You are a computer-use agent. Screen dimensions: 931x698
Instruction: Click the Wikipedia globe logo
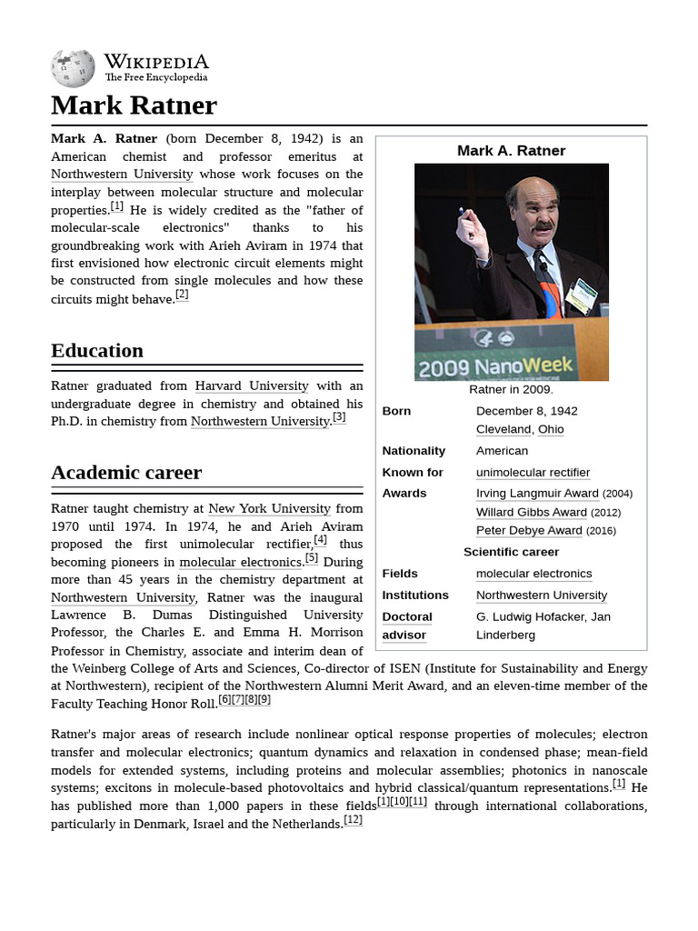pos(73,69)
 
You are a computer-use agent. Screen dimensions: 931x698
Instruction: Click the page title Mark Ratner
pos(134,105)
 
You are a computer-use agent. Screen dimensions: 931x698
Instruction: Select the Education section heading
pos(97,351)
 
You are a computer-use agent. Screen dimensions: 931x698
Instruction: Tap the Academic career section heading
pos(126,473)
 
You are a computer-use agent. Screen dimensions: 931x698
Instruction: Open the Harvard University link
pos(252,386)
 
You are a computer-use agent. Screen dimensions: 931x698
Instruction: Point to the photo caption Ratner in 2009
pos(511,390)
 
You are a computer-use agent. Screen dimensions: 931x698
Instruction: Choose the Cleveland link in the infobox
pos(503,429)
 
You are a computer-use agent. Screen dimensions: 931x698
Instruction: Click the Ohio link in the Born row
pos(551,429)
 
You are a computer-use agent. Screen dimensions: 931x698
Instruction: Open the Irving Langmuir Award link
pos(537,494)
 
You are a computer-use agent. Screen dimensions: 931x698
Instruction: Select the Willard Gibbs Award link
pos(531,512)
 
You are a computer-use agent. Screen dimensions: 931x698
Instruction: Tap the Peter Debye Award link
pos(529,531)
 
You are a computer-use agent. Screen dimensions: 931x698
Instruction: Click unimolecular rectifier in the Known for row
pos(533,473)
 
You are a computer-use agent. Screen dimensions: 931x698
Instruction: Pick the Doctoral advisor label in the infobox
pos(406,626)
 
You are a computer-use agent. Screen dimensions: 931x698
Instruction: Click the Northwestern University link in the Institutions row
pos(541,596)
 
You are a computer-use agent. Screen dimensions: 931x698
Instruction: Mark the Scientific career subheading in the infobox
pos(511,552)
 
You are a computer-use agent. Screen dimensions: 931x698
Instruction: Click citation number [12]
pos(353,821)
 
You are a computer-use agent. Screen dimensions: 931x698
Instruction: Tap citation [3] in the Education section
pos(339,418)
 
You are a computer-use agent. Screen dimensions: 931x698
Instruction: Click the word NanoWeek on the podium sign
pos(533,366)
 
